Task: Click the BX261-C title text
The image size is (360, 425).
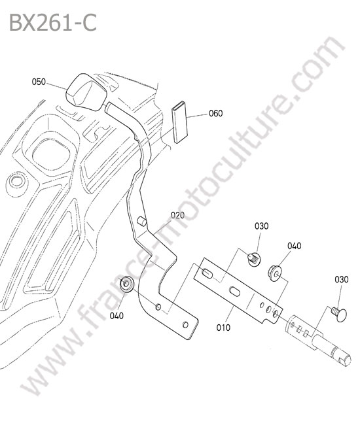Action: click(53, 23)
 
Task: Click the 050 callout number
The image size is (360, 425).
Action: click(39, 82)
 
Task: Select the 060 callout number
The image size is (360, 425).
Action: click(216, 113)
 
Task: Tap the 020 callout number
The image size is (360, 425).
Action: click(177, 216)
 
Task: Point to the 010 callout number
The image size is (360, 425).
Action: click(223, 328)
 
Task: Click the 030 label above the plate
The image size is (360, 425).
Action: click(262, 226)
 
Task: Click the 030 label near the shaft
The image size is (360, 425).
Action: click(341, 279)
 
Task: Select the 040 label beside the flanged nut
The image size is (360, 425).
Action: click(295, 246)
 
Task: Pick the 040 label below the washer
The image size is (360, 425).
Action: click(117, 316)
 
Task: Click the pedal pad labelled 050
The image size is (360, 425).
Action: click(86, 92)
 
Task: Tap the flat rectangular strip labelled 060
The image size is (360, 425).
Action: click(179, 122)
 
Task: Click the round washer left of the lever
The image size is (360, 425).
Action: click(127, 284)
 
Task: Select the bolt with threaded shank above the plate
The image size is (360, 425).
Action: click(255, 259)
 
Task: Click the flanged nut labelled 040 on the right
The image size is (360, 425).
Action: click(276, 273)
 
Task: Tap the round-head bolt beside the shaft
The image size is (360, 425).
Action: click(339, 314)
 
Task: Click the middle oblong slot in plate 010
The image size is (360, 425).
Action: click(235, 292)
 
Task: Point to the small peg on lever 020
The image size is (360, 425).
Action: click(141, 222)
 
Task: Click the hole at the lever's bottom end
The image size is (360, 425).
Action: click(185, 325)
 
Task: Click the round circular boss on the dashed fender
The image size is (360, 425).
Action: click(16, 180)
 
